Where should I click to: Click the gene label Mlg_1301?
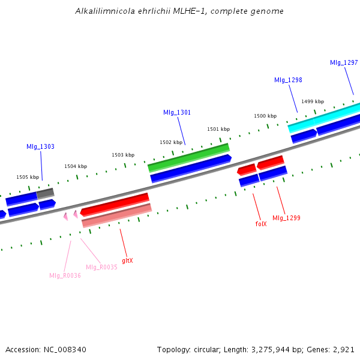tap(177, 112)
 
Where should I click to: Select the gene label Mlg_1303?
tap(40, 146)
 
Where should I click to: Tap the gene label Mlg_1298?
tap(288, 80)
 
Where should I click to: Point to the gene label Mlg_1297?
tap(344, 62)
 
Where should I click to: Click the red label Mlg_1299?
tap(286, 218)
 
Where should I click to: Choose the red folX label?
tap(260, 224)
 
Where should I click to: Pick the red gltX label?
tap(127, 260)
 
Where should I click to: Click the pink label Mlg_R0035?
tap(101, 267)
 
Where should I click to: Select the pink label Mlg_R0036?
tap(65, 275)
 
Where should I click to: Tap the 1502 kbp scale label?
tap(170, 142)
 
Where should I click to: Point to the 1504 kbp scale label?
tap(76, 166)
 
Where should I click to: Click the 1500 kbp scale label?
tap(265, 116)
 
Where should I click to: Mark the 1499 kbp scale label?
tap(313, 101)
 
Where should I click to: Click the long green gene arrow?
tap(188, 157)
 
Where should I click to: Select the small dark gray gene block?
tap(46, 193)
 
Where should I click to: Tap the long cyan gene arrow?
tap(324, 118)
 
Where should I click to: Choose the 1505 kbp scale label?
tap(28, 177)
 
